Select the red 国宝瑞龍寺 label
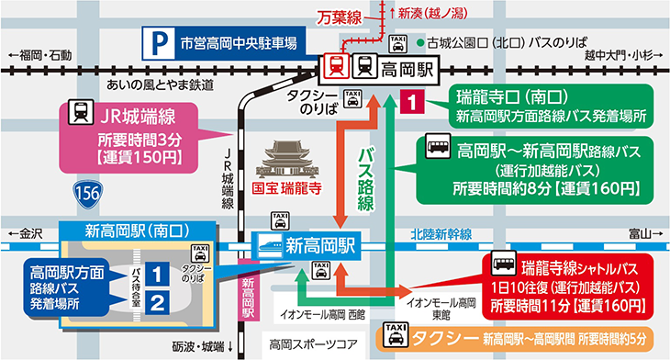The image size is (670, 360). point(289,191)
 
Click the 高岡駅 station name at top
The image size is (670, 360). point(408,67)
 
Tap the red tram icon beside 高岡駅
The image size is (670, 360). point(337,67)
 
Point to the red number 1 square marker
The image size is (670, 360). point(414,99)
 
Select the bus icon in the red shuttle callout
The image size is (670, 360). point(502,266)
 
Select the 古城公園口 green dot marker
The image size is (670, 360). point(419,42)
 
